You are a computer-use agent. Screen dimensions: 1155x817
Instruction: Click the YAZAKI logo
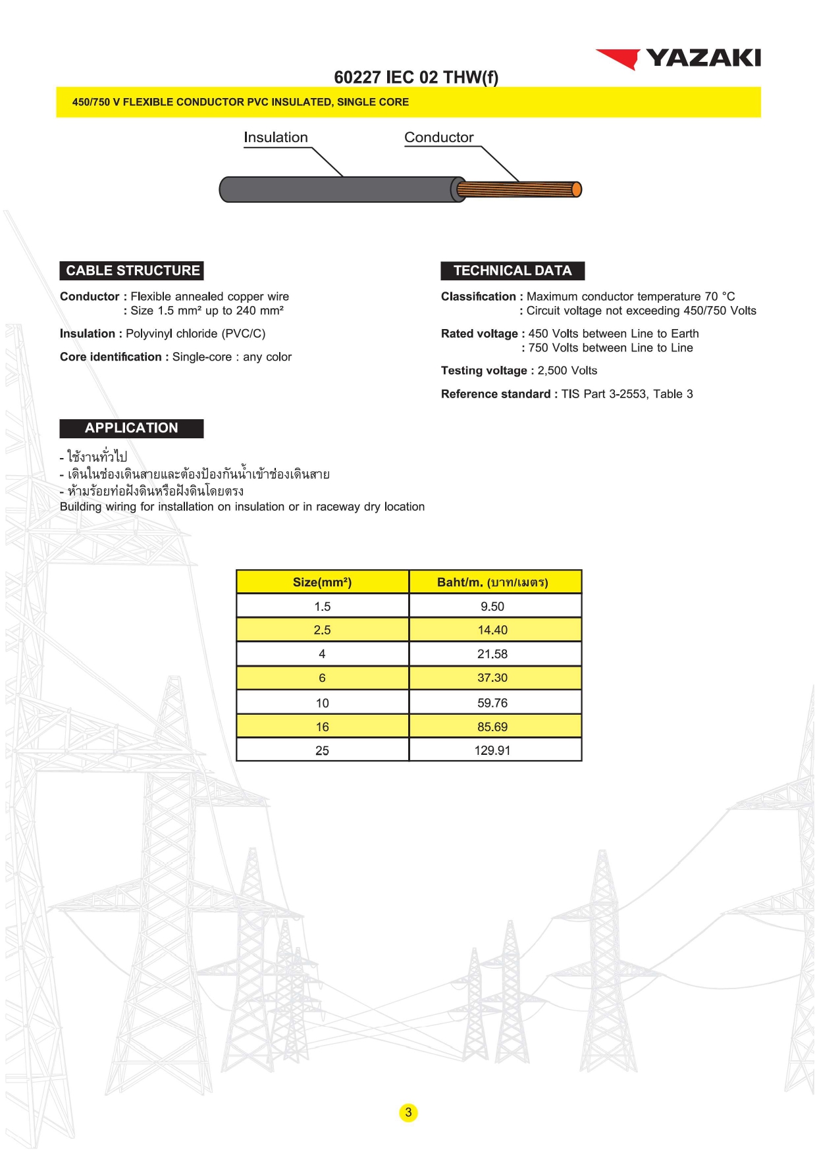[679, 59]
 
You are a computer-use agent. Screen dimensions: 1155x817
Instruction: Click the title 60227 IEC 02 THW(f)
[416, 78]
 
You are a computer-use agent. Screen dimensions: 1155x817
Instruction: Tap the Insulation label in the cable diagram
[275, 138]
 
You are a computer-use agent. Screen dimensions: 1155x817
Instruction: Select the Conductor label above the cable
[438, 138]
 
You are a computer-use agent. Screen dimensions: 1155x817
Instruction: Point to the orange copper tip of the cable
[577, 190]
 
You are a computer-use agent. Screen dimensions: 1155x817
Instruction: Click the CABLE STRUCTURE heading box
[132, 270]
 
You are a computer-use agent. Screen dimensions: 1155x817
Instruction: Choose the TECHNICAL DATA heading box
[512, 270]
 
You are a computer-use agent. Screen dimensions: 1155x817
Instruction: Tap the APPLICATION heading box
[132, 428]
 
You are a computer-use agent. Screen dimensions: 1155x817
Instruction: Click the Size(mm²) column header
[322, 582]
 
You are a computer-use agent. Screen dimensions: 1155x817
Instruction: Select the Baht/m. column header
[492, 582]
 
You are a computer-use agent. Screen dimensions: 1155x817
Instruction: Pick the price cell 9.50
[492, 607]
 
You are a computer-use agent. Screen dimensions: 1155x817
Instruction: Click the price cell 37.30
[492, 678]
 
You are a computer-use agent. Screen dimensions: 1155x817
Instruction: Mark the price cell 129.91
[492, 751]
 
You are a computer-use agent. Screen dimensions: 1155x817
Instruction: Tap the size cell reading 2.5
[322, 630]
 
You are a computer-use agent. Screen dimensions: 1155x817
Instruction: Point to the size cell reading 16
[322, 727]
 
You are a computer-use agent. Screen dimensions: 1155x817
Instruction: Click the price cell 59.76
[492, 704]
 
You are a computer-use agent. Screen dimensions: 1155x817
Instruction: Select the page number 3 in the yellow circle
[408, 1113]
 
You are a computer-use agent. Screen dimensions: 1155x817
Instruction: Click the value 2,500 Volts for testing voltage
[567, 371]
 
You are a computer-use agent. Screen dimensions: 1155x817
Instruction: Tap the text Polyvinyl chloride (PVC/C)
[196, 334]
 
